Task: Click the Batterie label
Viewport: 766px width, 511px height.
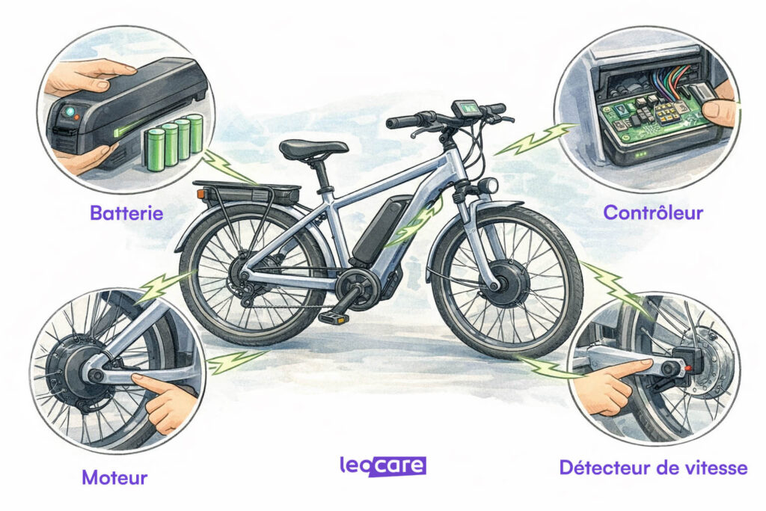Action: pyautogui.click(x=126, y=212)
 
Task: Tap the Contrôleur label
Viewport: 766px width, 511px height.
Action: pyautogui.click(x=653, y=212)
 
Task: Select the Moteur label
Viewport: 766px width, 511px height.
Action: pyautogui.click(x=114, y=477)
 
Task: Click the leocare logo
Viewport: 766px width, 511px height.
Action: pyautogui.click(x=382, y=467)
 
